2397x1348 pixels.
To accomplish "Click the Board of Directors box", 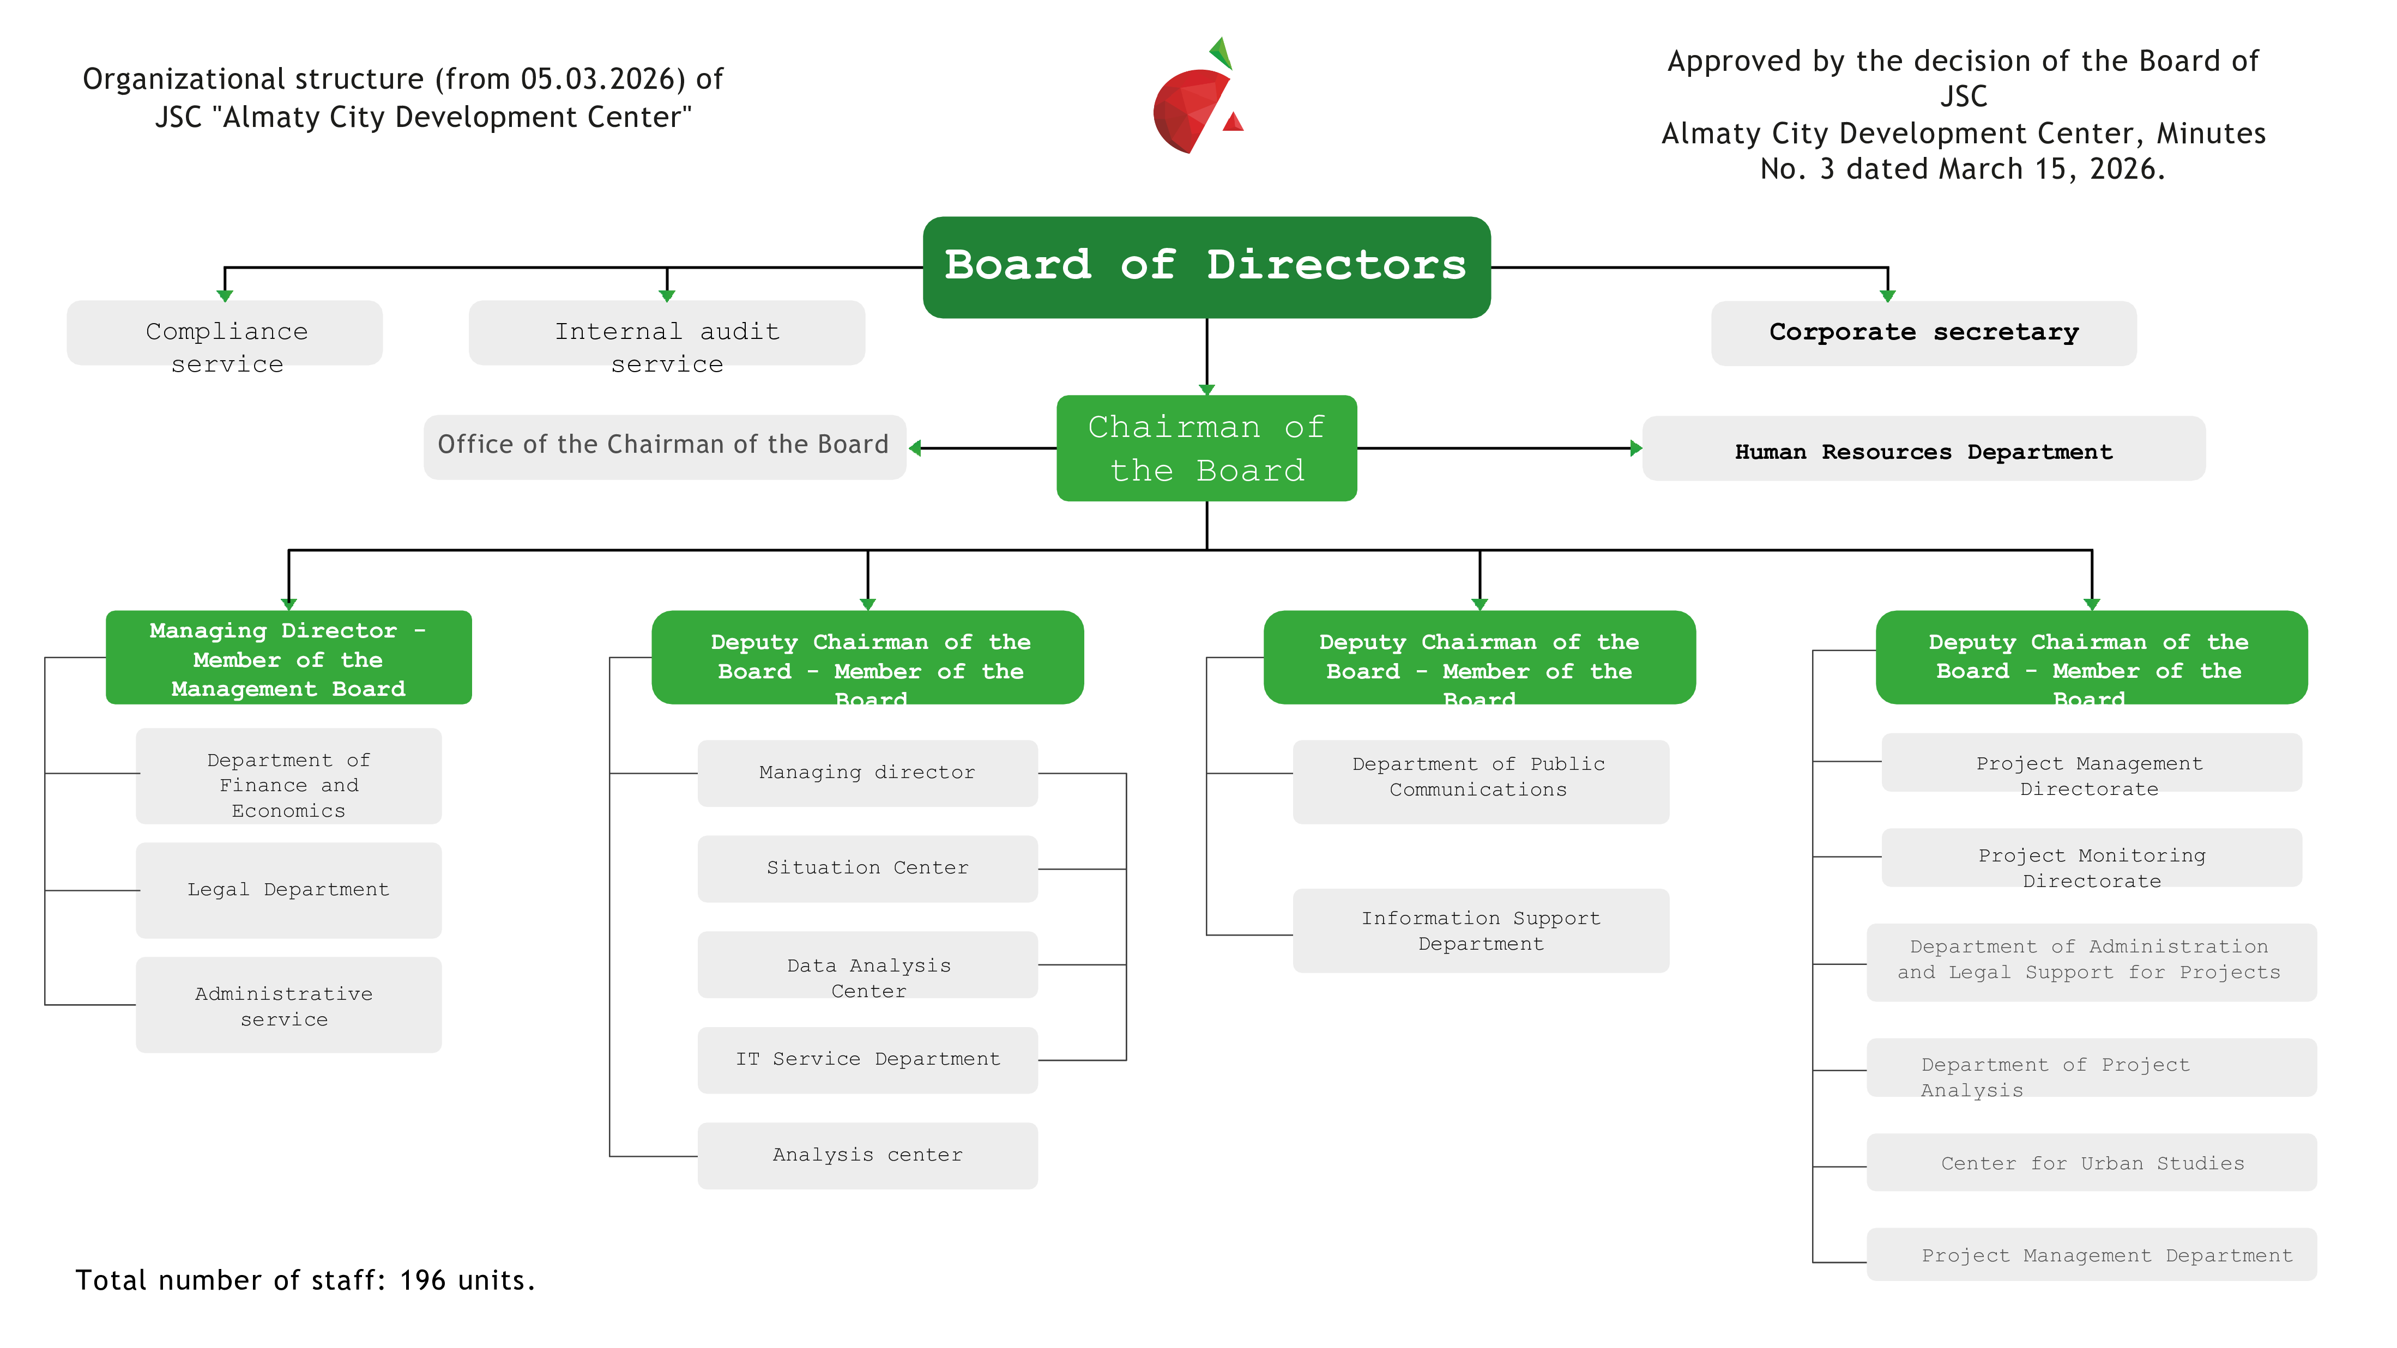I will pos(1206,267).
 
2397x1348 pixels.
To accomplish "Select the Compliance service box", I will pos(225,333).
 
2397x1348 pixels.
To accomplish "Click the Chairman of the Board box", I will pos(1206,448).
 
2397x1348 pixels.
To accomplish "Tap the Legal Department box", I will pos(288,889).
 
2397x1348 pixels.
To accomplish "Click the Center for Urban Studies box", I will pos(2091,1163).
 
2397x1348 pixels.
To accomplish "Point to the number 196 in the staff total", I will pos(422,1281).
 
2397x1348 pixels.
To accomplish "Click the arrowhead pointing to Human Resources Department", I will pos(1636,448).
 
